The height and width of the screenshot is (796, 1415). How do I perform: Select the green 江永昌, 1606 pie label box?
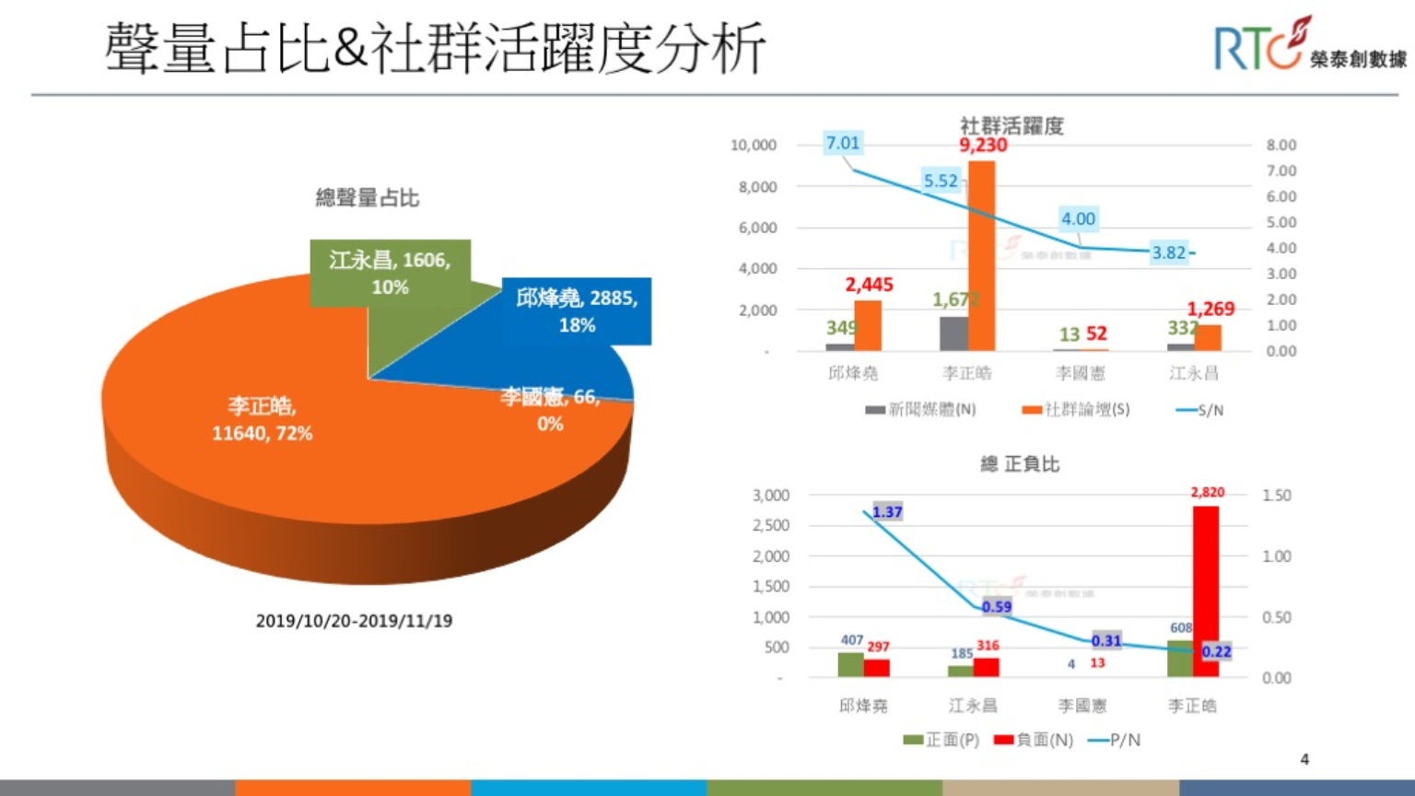click(x=391, y=272)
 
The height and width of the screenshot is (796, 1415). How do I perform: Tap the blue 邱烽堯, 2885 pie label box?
click(x=577, y=310)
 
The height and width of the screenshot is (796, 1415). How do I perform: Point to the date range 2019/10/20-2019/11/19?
click(x=354, y=621)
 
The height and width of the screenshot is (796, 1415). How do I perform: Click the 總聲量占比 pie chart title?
click(x=367, y=197)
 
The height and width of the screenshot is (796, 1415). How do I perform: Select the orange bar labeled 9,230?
click(x=981, y=258)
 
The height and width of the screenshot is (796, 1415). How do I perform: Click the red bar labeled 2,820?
click(x=1206, y=590)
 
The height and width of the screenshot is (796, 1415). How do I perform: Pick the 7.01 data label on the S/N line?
click(x=843, y=143)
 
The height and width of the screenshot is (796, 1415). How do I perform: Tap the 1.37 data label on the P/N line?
click(x=887, y=512)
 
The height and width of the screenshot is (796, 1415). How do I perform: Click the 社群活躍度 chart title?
click(x=1012, y=125)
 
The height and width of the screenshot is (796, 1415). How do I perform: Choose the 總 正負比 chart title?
click(x=1019, y=463)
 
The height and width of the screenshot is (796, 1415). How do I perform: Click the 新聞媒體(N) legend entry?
click(x=921, y=410)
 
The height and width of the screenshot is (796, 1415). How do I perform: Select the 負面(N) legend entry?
click(x=1035, y=740)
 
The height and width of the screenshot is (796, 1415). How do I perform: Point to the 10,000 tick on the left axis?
click(x=754, y=146)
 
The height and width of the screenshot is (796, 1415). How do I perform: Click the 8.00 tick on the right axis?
click(x=1281, y=146)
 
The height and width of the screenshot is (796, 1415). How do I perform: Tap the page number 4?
click(x=1304, y=759)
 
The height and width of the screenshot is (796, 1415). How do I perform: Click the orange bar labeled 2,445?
click(x=868, y=325)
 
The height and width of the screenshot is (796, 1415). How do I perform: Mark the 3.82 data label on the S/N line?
click(x=1169, y=252)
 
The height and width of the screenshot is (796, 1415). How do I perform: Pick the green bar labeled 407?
click(x=850, y=664)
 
